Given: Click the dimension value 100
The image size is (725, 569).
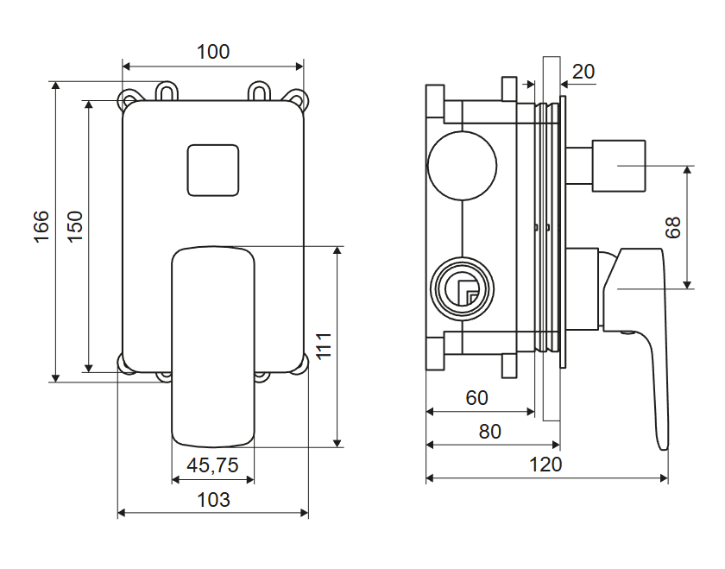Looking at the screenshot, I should coord(213,52).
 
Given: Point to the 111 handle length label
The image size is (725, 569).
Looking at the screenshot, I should coord(324,345).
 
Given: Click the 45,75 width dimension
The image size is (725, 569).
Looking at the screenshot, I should coord(212,465).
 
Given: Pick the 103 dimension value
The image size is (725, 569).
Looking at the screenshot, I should coord(213,499).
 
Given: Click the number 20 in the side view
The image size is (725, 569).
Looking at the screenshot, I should coord(583,71).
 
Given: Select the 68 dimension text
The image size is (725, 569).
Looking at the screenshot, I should coord(673,227).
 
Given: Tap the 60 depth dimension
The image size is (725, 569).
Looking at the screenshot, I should coord(476,398).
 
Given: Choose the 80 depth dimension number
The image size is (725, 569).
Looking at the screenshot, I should coord(489,431).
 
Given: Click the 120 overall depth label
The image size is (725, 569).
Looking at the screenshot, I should coord(545,464).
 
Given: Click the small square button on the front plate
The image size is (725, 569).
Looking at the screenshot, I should coord(212,169).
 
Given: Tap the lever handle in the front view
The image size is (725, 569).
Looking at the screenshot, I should coord(213,345).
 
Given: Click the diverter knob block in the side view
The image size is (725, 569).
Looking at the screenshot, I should coord(618,164).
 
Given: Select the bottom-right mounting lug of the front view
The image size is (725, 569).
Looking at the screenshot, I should coord(299,366).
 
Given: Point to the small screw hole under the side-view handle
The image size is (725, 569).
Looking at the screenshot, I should coord(627,329).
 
